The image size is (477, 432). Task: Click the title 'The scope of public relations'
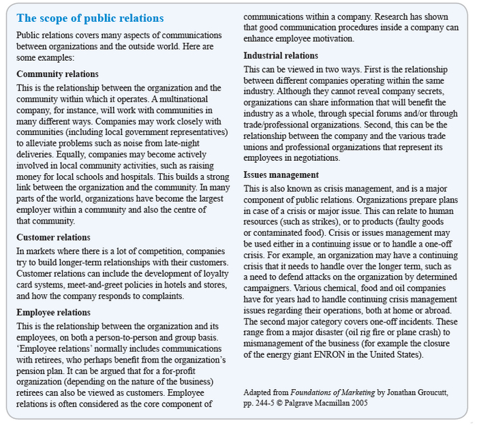(x=90, y=18)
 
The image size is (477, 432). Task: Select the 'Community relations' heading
(x=57, y=74)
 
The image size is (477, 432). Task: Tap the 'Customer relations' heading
(x=53, y=237)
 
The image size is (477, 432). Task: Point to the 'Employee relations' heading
(x=53, y=312)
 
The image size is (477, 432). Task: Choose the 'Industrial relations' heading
(x=281, y=55)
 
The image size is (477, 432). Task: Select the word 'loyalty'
(x=207, y=275)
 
